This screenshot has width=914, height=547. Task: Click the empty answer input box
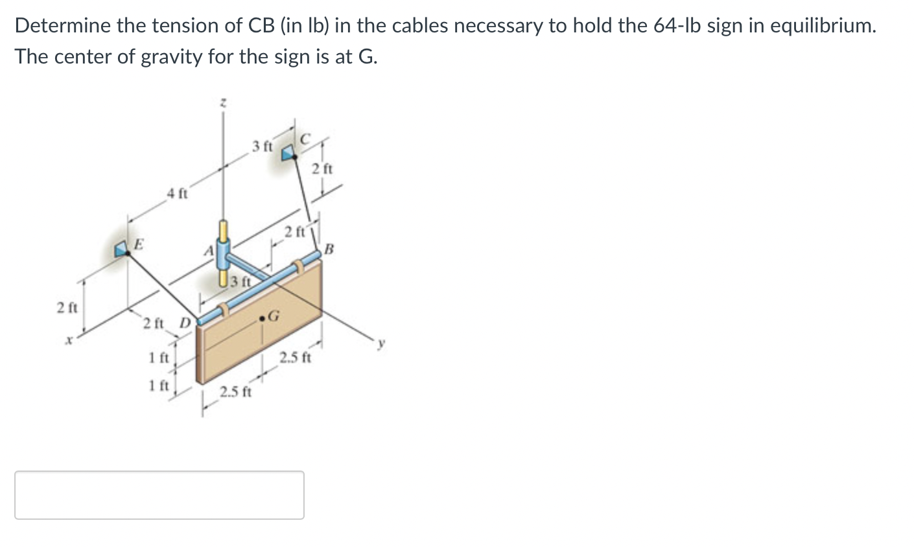point(159,495)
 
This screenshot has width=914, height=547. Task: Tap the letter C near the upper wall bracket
point(305,139)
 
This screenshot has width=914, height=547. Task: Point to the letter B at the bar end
point(329,248)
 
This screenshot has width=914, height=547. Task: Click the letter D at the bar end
point(185,323)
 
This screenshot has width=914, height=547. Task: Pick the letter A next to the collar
point(209,250)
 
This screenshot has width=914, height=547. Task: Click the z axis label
point(223,103)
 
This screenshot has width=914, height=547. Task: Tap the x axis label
point(70,340)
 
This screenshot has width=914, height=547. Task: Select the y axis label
point(381,343)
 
